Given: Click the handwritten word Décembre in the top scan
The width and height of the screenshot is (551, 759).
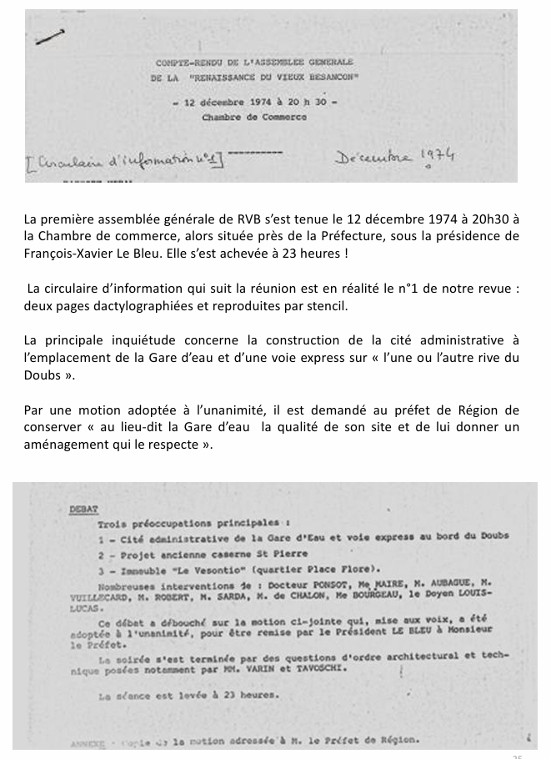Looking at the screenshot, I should coord(373,157).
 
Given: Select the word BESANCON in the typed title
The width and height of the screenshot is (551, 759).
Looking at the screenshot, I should coord(332,77).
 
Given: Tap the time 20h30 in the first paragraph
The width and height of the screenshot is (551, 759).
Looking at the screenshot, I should coord(488,219).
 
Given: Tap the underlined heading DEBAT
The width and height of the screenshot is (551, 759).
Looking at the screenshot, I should coord(84,508).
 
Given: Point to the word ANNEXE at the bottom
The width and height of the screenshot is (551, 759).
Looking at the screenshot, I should coord(88,740).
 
